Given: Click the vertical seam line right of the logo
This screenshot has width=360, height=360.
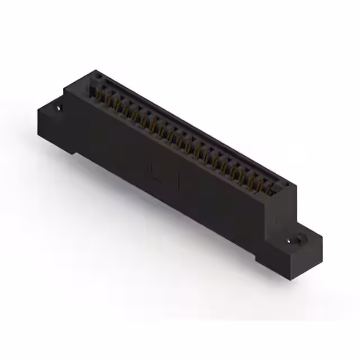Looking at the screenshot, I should coord(179,181).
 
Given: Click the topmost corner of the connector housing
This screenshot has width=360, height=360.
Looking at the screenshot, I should coord(96,70).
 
